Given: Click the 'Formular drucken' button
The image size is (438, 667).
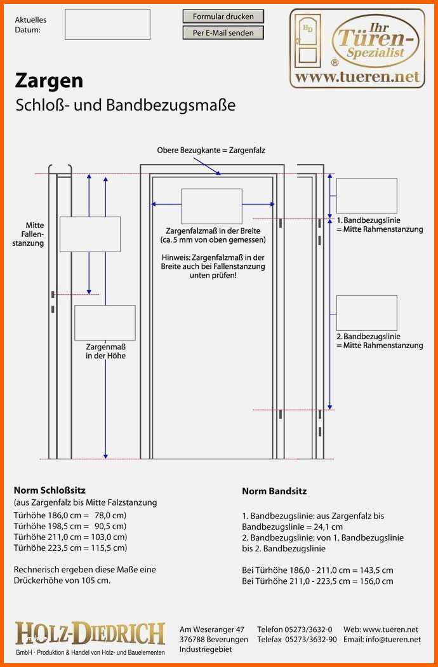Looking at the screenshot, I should click(x=223, y=17).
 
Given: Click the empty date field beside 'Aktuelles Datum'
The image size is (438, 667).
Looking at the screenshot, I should click(x=107, y=25).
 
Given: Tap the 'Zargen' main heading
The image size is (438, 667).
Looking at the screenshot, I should click(x=49, y=81).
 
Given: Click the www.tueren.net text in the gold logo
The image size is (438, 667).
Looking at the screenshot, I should click(x=358, y=77).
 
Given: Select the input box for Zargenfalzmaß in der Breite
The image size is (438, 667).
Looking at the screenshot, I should click(x=211, y=206).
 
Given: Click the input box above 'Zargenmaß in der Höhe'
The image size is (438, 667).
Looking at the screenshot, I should click(x=105, y=323).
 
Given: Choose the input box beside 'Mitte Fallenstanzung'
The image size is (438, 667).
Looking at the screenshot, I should click(x=90, y=234).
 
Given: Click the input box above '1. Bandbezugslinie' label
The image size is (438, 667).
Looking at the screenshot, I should click(x=366, y=196).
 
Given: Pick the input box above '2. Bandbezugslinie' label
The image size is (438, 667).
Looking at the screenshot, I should click(x=366, y=313).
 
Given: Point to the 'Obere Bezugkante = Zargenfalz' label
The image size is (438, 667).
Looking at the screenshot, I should click(x=211, y=151).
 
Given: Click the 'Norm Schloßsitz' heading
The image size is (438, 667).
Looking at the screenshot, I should click(x=50, y=490).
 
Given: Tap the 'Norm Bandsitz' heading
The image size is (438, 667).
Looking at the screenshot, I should click(x=274, y=491).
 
